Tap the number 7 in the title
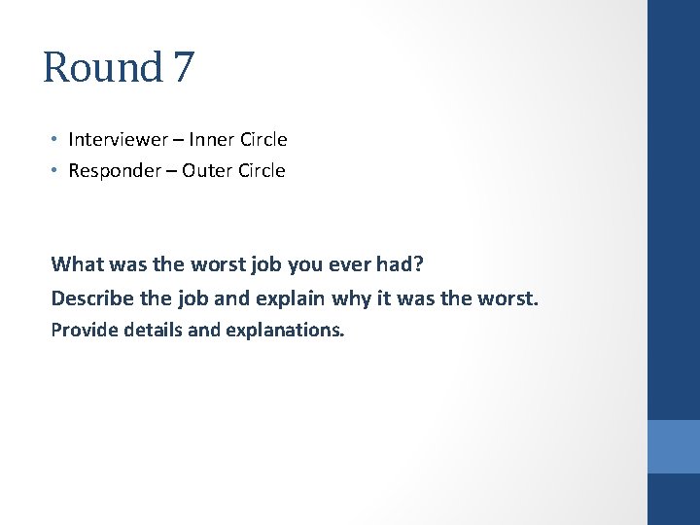pyautogui.click(x=184, y=68)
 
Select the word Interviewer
pyautogui.click(x=118, y=140)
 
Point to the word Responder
pyautogui.click(x=112, y=171)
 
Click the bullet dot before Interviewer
pyautogui.click(x=55, y=140)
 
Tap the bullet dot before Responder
pyautogui.click(x=55, y=171)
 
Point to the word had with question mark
pyautogui.click(x=406, y=263)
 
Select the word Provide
pyautogui.click(x=82, y=330)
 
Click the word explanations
pyautogui.click(x=285, y=331)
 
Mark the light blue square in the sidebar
pyautogui.click(x=674, y=446)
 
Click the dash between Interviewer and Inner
pyautogui.click(x=180, y=140)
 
